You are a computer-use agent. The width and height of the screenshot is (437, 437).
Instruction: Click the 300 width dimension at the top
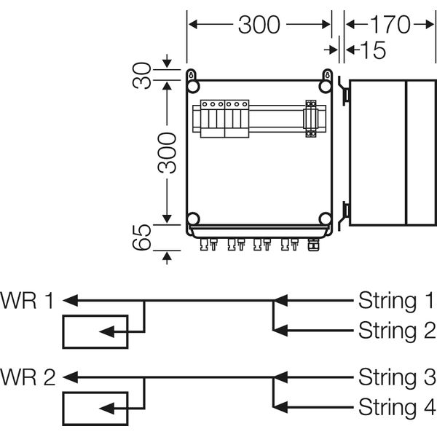(259, 25)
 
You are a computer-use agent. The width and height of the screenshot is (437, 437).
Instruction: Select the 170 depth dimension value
(389, 25)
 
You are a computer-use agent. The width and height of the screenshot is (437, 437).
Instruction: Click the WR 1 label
(28, 300)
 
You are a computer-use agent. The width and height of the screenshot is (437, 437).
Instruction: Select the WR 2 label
(28, 377)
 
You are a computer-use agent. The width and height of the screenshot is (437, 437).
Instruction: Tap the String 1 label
(396, 300)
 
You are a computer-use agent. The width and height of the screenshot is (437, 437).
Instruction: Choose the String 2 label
(396, 331)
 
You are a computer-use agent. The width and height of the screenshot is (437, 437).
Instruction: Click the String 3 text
(396, 377)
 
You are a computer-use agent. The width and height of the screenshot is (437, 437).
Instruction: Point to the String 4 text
(396, 406)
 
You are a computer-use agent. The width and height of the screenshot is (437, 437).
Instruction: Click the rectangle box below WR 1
(95, 331)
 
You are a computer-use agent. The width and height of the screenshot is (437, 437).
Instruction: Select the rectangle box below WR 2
(95, 408)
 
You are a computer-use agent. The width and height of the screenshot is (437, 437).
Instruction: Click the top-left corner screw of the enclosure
(193, 87)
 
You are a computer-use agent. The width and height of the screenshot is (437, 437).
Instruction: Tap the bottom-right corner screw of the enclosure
(326, 219)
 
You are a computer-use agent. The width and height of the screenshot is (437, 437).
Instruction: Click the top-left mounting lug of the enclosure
(192, 74)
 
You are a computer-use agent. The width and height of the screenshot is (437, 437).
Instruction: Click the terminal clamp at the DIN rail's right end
(312, 118)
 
